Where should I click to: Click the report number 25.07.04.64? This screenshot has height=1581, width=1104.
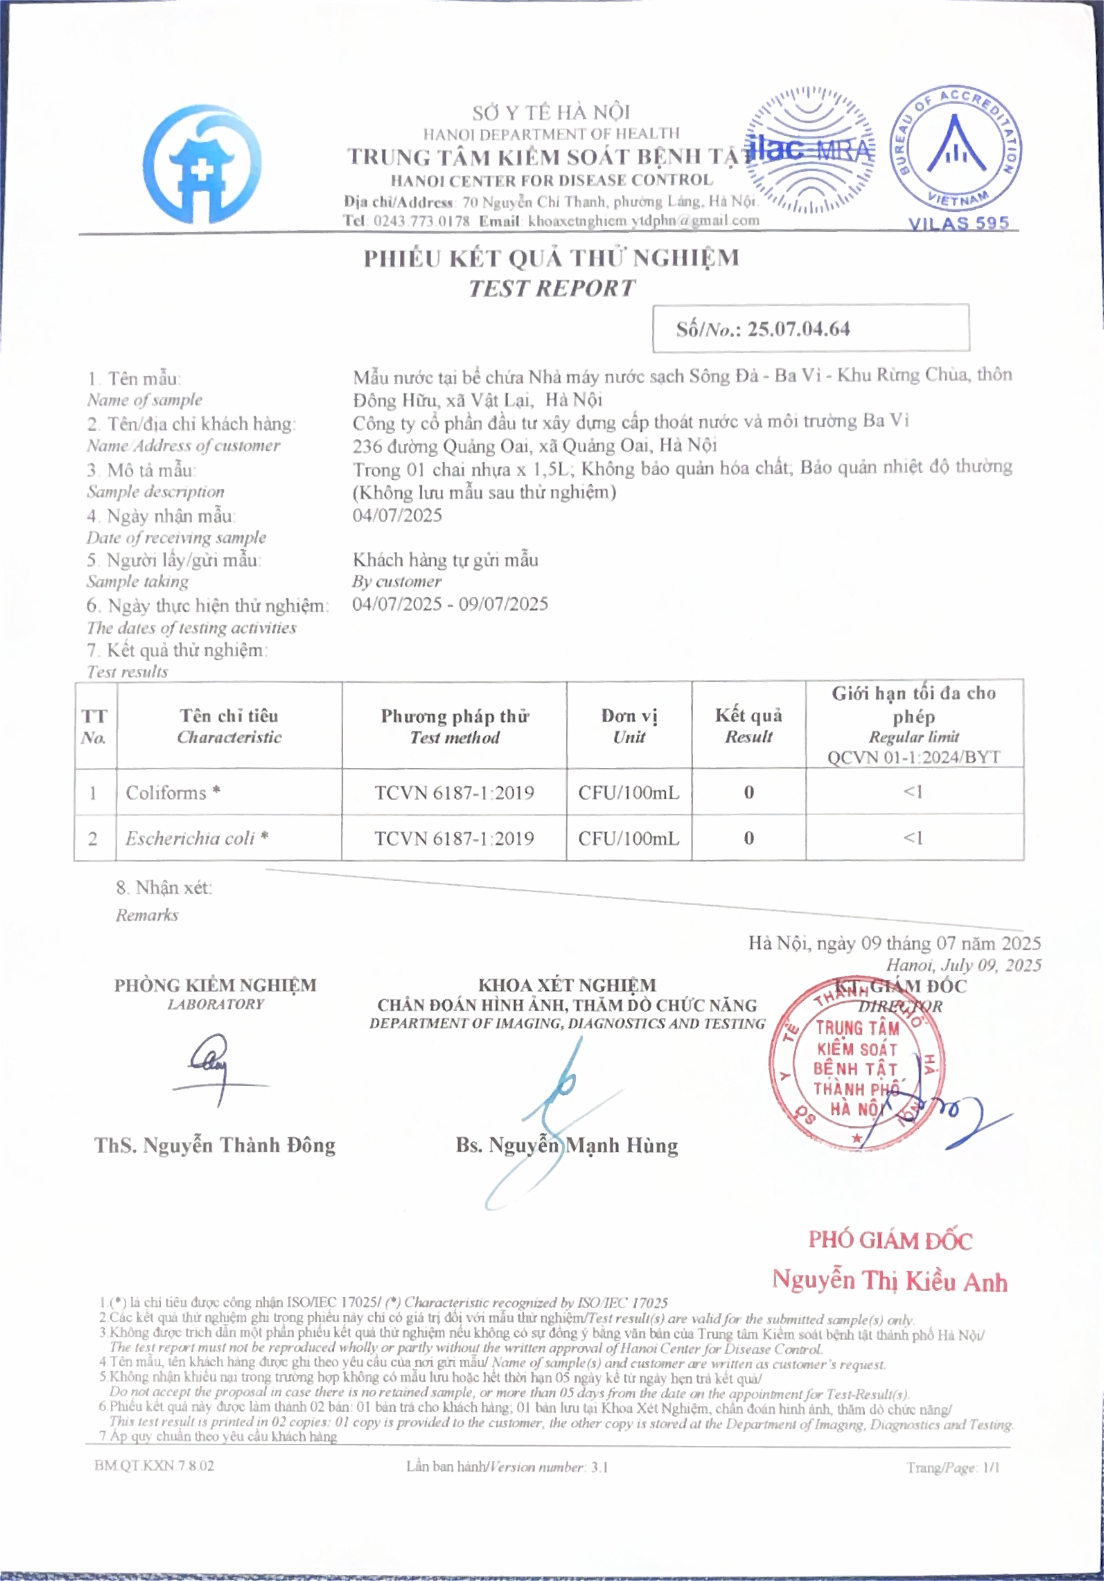point(799,329)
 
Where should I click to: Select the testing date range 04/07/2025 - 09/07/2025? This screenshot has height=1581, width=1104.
point(450,605)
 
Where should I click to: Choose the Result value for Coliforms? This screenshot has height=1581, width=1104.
point(749,793)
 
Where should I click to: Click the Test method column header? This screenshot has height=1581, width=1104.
point(455,726)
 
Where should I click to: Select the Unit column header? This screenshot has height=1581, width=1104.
point(629,726)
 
